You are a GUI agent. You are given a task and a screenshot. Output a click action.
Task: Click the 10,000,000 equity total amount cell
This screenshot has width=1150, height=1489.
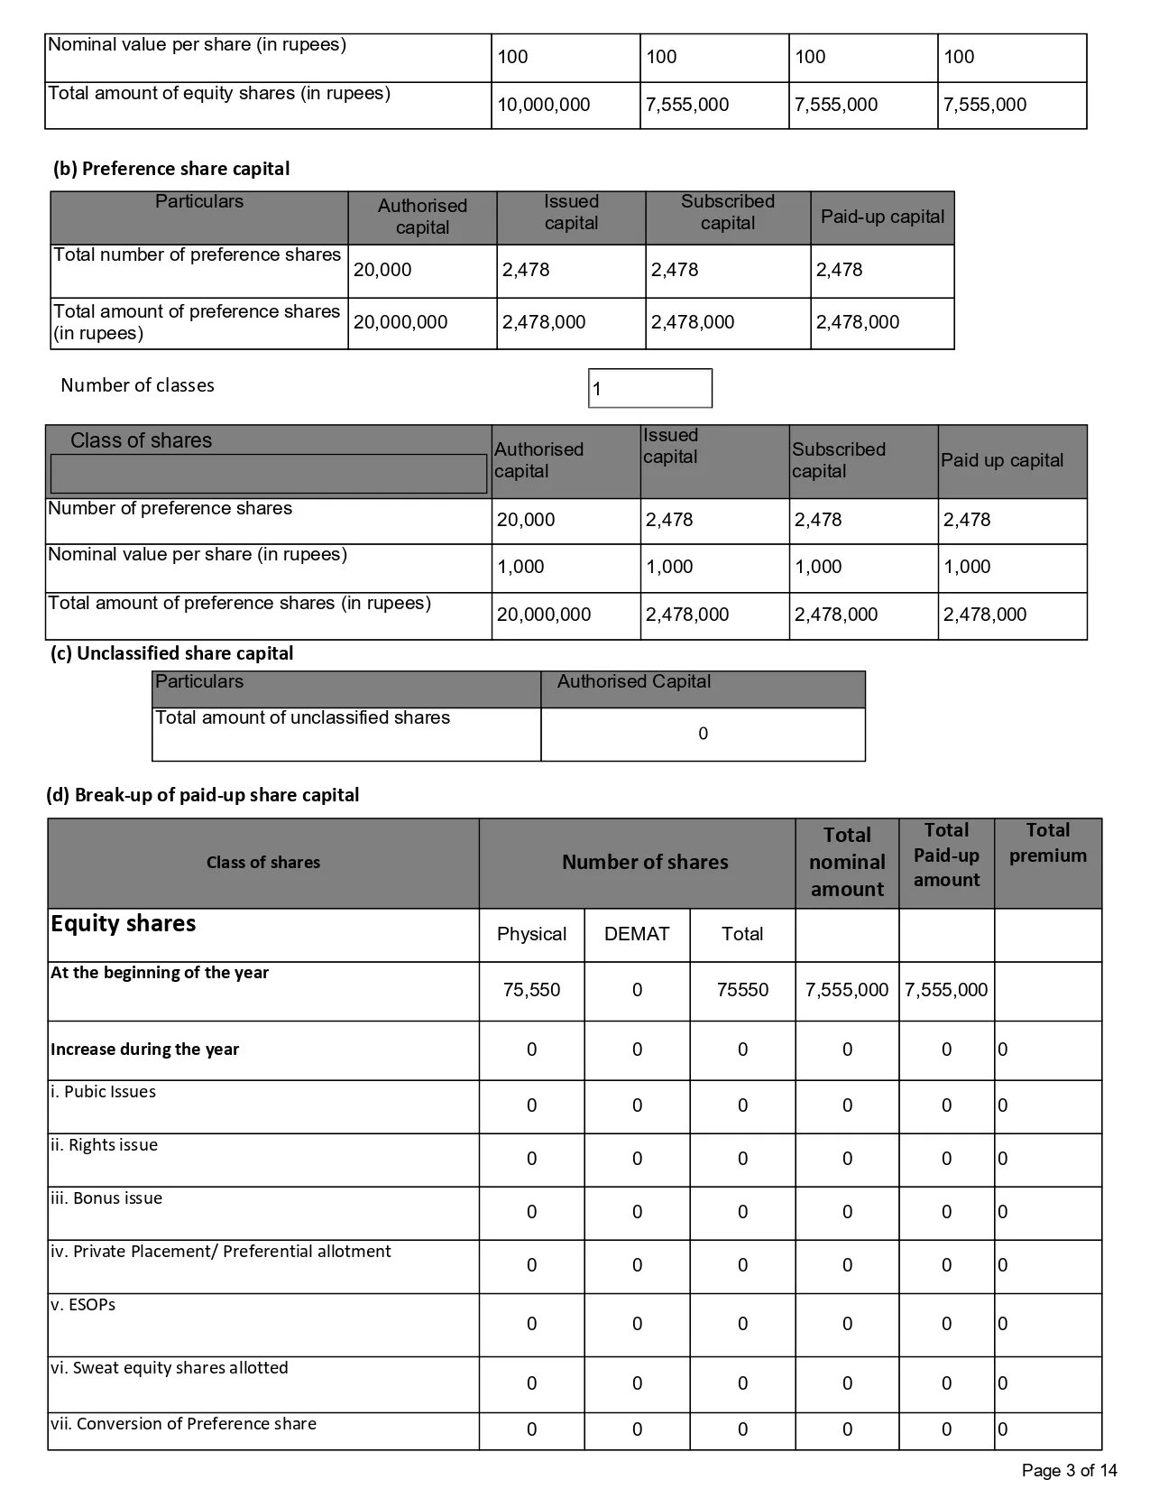(x=544, y=105)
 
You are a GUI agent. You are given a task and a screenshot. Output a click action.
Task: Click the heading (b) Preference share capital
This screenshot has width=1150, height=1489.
(x=171, y=169)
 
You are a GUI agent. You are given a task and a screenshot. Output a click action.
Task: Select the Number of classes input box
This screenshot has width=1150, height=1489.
(x=649, y=388)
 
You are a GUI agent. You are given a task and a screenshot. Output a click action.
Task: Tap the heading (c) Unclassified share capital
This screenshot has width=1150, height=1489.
(x=171, y=653)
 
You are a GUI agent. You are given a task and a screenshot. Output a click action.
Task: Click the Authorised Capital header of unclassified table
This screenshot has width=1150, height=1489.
(x=634, y=682)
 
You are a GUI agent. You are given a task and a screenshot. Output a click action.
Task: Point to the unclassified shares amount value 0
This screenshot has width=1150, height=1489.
(x=703, y=734)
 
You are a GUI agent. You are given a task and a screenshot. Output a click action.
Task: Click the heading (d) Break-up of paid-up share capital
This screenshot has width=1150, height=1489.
(x=203, y=795)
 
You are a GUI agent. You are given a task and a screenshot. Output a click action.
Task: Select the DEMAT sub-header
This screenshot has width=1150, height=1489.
(x=637, y=934)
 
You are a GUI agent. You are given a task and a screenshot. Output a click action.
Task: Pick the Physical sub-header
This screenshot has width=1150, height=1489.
(x=531, y=934)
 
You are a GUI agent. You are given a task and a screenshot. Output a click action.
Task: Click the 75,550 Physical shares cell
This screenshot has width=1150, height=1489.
(x=531, y=990)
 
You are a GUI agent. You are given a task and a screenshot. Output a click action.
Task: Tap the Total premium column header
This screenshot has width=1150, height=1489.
(x=1047, y=843)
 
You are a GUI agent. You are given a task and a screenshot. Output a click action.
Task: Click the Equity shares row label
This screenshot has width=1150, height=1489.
(x=124, y=924)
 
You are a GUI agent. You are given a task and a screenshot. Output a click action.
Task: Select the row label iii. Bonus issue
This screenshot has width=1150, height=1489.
(x=106, y=1198)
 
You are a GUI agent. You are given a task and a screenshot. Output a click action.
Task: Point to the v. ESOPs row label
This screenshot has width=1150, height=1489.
(x=83, y=1305)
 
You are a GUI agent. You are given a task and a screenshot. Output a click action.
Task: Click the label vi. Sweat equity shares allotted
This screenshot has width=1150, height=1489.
(x=170, y=1368)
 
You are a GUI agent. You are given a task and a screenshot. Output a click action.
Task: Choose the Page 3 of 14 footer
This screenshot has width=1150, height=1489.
(x=1069, y=1471)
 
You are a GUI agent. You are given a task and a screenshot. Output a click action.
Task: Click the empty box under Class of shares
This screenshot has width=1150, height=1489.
(x=268, y=474)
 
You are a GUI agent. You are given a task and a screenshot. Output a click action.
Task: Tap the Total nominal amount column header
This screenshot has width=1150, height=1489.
(x=847, y=862)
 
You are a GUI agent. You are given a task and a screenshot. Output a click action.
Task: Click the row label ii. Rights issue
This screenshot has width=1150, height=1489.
(x=104, y=1145)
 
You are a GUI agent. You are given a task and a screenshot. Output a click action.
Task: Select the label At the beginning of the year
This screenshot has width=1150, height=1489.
(x=160, y=973)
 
